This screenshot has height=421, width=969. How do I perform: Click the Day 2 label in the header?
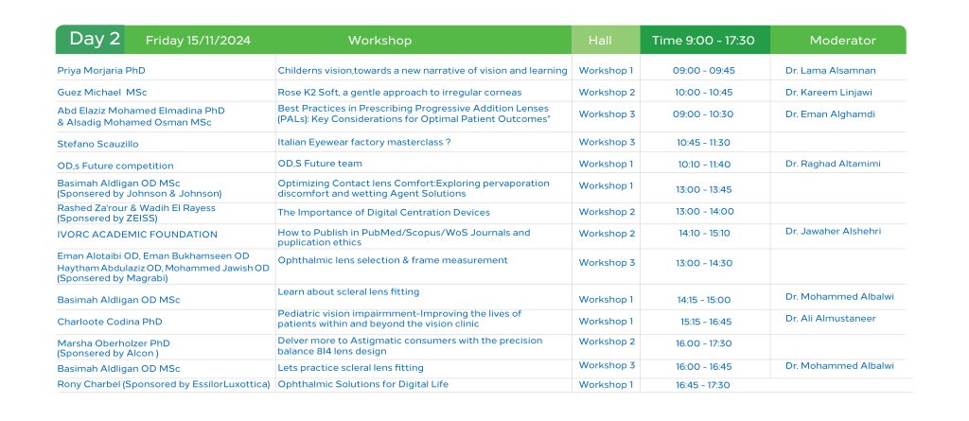tap(95, 39)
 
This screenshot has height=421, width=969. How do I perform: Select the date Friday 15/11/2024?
tap(198, 41)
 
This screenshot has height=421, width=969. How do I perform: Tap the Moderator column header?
tap(842, 41)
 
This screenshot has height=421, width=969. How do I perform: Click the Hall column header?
tap(599, 41)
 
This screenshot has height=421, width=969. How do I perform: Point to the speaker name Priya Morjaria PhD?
tap(101, 70)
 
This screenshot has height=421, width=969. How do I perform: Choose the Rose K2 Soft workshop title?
tap(399, 92)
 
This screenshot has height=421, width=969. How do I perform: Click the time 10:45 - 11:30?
tap(703, 142)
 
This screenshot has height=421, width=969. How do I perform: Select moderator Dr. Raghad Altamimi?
tap(833, 164)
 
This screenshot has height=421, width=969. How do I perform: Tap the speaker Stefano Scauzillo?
tap(97, 144)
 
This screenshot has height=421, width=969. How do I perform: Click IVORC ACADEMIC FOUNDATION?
tap(137, 235)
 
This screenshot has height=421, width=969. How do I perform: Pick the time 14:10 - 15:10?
tap(704, 233)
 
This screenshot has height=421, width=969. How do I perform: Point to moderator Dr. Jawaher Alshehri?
tap(833, 231)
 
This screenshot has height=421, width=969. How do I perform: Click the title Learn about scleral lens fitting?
tap(348, 291)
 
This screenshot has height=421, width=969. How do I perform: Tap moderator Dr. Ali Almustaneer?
tap(831, 319)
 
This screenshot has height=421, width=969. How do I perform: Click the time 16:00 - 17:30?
tap(703, 343)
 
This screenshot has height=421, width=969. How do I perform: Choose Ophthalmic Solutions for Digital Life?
tap(362, 384)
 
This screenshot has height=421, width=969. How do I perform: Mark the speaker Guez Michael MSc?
tap(102, 92)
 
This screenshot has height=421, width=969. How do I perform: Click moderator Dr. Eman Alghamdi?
tap(830, 114)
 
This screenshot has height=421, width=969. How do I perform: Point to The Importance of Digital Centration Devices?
tap(384, 212)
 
